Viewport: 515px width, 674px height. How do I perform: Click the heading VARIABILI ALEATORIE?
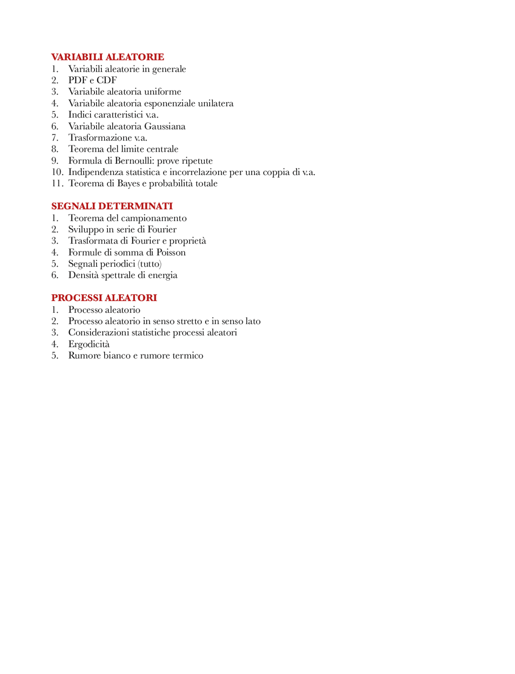pos(107,57)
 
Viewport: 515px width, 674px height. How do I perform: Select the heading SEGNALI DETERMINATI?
pos(112,206)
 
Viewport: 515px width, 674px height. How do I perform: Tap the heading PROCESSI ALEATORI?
pos(104,298)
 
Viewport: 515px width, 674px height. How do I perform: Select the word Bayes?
pos(128,184)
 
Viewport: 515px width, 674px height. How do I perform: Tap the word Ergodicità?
pos(89,344)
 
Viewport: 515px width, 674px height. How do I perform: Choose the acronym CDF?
pos(107,80)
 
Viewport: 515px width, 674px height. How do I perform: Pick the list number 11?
pos(57,184)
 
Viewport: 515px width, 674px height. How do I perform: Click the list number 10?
pos(57,172)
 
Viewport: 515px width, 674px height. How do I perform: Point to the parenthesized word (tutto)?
pos(150,264)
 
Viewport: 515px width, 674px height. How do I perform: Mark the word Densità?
pos(82,275)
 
